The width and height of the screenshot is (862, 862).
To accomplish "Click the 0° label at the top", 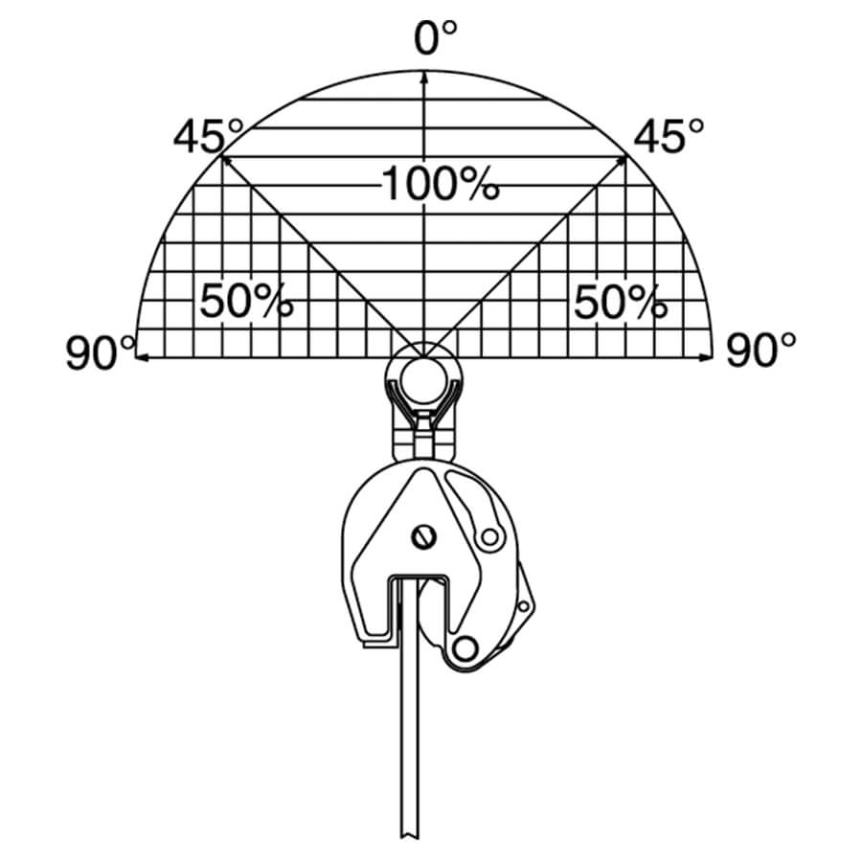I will point(435,39).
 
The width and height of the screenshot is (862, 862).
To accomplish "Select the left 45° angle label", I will point(208,137).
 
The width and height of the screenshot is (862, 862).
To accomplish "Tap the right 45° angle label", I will point(669,137).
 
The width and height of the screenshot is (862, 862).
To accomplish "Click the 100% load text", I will point(440,183).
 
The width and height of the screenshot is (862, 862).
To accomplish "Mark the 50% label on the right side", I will point(620,303).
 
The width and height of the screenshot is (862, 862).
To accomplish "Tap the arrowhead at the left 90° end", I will point(142,357).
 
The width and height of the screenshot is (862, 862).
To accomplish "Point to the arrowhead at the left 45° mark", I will point(226,160).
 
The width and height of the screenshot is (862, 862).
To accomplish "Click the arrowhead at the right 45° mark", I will point(623,160).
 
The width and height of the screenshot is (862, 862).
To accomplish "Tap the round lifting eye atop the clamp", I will point(422,374).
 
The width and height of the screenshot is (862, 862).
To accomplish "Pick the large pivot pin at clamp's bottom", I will point(466,650).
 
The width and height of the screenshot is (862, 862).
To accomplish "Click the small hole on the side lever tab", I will point(523,605).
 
